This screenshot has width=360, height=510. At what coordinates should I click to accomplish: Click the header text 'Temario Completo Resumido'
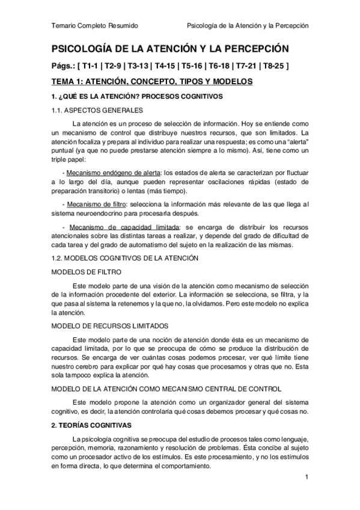[x=95, y=26]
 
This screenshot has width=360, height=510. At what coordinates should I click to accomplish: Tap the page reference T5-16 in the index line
[x=189, y=65]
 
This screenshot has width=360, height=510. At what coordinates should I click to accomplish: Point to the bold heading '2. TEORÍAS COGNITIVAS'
[x=96, y=425]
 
